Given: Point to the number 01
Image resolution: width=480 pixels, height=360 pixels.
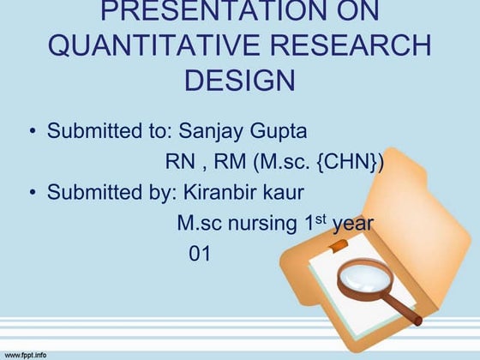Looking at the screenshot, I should (x=199, y=254).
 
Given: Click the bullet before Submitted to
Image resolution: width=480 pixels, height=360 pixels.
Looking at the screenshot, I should (x=32, y=133).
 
